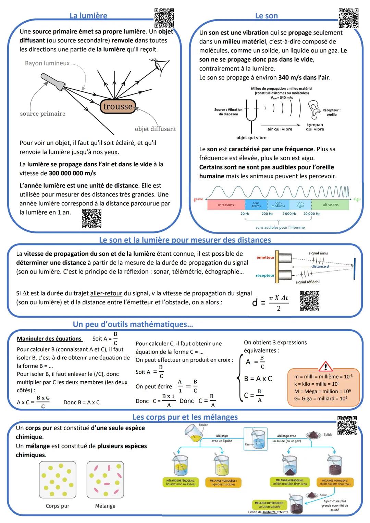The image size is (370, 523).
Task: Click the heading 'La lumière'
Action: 88,16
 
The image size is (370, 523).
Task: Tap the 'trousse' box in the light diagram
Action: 118,106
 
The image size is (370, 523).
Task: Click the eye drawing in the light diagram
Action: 161,64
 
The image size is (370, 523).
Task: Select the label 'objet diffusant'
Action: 155,129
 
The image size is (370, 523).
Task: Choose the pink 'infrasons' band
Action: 226,205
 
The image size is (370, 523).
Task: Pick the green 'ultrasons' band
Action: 330,205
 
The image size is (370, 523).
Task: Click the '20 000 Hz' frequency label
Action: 311,214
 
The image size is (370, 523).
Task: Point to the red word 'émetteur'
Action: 265,257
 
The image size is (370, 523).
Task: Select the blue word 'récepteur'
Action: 265,276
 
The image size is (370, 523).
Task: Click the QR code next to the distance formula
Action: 309,301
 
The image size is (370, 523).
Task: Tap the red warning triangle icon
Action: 325,367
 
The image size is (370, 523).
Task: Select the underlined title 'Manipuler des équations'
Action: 49,339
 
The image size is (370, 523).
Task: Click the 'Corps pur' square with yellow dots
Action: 58,479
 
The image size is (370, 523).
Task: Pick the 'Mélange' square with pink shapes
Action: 105,479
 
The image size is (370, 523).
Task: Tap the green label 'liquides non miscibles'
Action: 181,483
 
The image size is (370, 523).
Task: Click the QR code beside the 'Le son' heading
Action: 348,18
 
